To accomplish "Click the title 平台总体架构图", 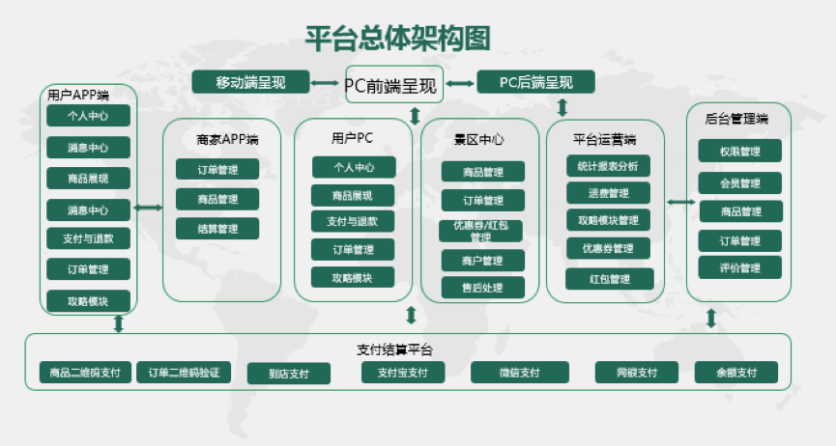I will point(397,38).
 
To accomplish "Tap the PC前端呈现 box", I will point(391,85).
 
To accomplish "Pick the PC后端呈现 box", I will point(535,82).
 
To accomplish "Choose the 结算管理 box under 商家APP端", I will point(217,229).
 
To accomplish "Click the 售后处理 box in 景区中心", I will point(483,287).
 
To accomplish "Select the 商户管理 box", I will point(483,260).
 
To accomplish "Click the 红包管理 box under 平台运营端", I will point(608,279).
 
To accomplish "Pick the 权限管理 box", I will point(740,152).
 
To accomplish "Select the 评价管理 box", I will point(740,267).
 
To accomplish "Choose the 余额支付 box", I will point(736,373).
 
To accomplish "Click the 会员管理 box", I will point(740,182).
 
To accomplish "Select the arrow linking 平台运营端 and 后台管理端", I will point(680,202).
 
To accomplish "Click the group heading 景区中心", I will point(479,139).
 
